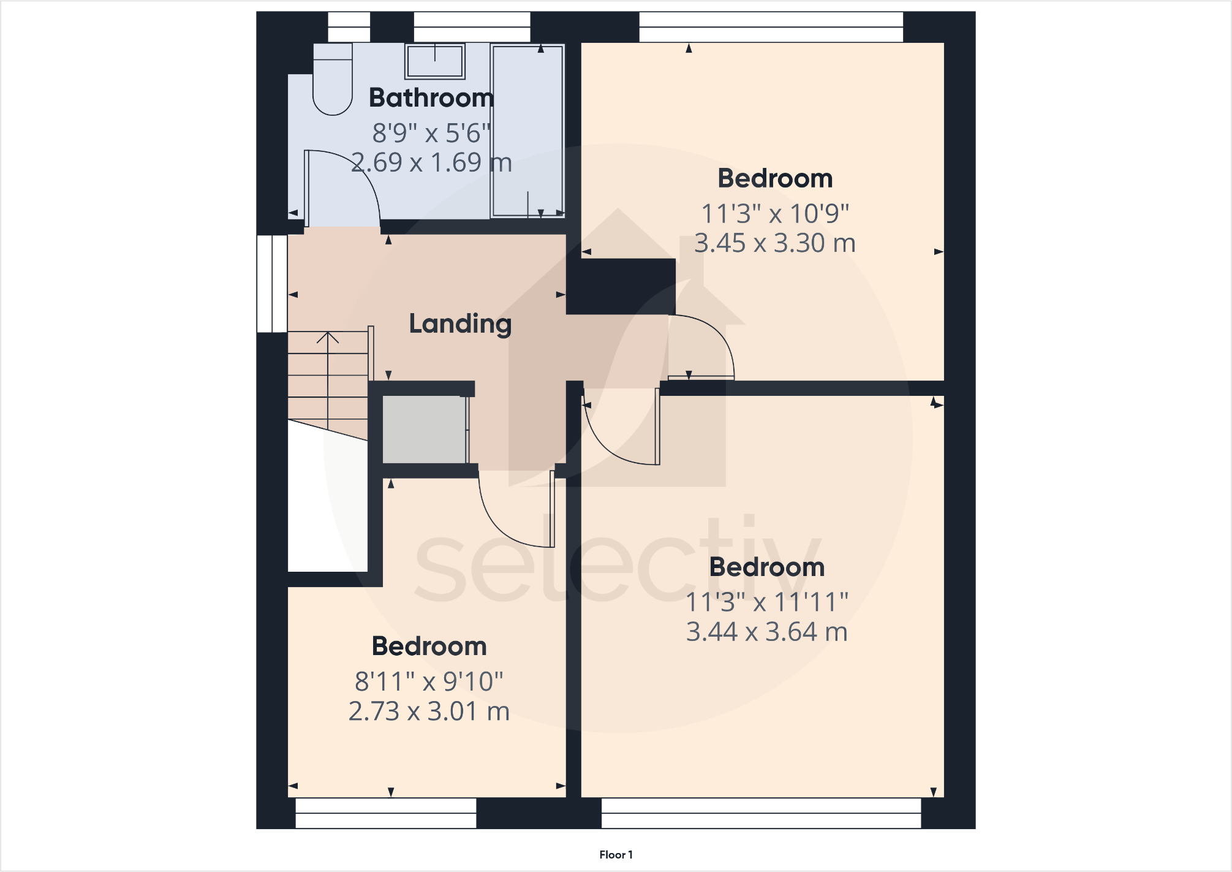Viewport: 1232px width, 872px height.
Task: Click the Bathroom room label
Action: pyautogui.click(x=431, y=98)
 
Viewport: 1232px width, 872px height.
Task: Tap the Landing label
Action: pyautogui.click(x=460, y=324)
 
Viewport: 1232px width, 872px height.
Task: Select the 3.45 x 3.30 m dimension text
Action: pyautogui.click(x=774, y=243)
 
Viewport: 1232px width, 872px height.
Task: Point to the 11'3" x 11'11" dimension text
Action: pyautogui.click(x=766, y=602)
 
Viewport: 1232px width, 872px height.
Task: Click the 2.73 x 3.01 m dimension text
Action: pyautogui.click(x=429, y=711)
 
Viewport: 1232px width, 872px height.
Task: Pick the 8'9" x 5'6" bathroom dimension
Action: pyautogui.click(x=431, y=133)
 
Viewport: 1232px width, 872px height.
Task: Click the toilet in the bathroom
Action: pyautogui.click(x=333, y=80)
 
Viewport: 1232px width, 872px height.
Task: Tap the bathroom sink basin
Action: pyautogui.click(x=435, y=61)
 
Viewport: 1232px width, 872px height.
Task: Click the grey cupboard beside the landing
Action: pyautogui.click(x=424, y=429)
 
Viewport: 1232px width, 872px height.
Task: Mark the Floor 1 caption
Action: pyautogui.click(x=616, y=854)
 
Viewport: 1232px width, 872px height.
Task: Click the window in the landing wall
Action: pyautogui.click(x=271, y=284)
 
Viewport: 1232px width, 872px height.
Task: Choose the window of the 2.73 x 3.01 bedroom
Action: pyautogui.click(x=385, y=813)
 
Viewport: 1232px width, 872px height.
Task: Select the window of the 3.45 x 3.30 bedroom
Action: pyautogui.click(x=771, y=27)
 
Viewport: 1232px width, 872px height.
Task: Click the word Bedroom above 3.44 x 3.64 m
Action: pyautogui.click(x=766, y=567)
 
